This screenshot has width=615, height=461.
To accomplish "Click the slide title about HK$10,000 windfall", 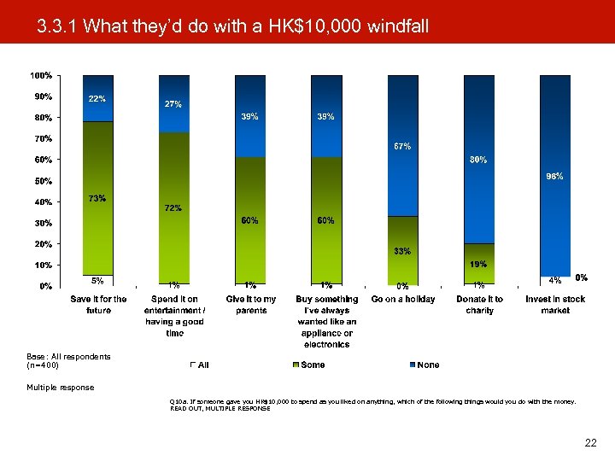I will [x=232, y=27].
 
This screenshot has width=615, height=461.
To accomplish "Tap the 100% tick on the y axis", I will [x=41, y=76].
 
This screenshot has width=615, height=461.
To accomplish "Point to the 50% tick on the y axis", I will [x=43, y=181].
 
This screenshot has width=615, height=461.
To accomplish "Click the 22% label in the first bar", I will [x=97, y=99].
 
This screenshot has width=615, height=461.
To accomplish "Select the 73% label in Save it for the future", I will [x=97, y=199].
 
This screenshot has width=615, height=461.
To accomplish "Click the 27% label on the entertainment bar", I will [x=173, y=104].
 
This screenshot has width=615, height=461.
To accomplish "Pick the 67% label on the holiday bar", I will [x=402, y=146].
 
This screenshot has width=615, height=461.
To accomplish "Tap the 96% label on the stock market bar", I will [x=554, y=177].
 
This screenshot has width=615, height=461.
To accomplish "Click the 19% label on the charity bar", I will [x=478, y=264].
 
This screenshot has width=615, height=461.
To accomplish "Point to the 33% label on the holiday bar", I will [x=402, y=251].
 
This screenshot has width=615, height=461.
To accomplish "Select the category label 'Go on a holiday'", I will [x=402, y=300].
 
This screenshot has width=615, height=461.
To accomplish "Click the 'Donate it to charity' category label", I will [x=479, y=305].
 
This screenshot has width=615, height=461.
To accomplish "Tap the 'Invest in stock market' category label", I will [x=555, y=305].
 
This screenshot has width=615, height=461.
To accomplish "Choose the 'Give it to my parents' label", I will [x=250, y=305].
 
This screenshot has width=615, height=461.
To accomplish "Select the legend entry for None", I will [x=425, y=365].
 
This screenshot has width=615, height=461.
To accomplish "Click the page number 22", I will [x=590, y=442].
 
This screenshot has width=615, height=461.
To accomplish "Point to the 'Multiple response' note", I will [x=60, y=387].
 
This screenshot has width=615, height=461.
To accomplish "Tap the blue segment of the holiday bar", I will [x=402, y=145].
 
